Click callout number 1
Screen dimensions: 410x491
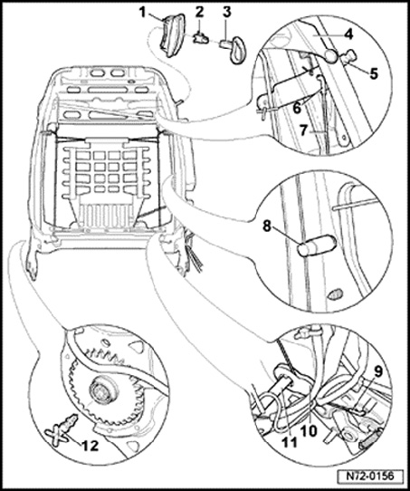(143, 14)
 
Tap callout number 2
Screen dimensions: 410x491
(199, 12)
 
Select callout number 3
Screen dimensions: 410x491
(227, 12)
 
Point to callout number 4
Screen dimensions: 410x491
(348, 34)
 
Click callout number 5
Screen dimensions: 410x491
(373, 73)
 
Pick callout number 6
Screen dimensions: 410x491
(297, 109)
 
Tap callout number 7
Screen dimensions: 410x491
(303, 130)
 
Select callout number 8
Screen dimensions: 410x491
(267, 226)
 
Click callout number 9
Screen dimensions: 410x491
(378, 371)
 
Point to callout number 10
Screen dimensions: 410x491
(308, 431)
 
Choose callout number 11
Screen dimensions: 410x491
(289, 442)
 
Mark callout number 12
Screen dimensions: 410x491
(91, 446)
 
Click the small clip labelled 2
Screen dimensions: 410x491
(200, 39)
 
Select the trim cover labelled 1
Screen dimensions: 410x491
(170, 36)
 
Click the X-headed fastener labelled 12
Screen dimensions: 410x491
(62, 427)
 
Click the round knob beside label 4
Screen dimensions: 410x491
(332, 56)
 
